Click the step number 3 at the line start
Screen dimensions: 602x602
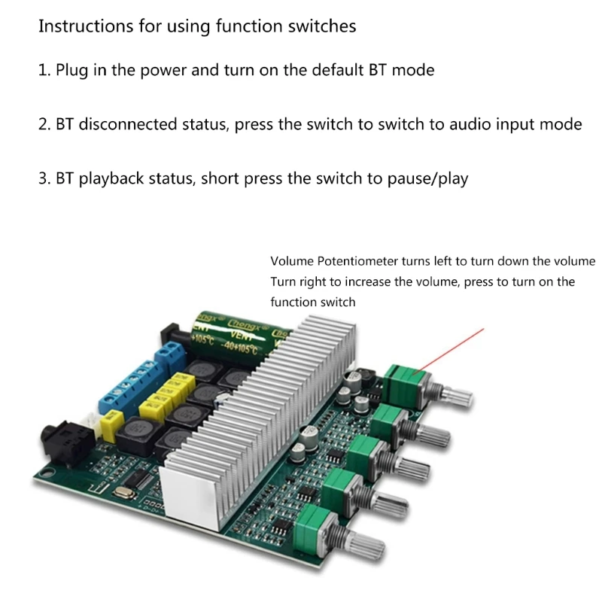[x=43, y=178]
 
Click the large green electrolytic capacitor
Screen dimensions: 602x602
[x=234, y=331]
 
